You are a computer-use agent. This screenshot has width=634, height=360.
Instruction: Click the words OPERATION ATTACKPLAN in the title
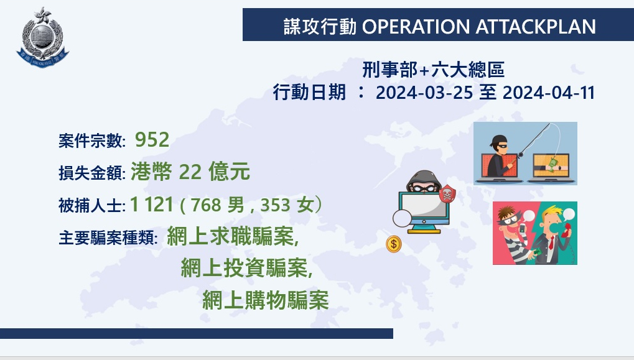(x=478, y=27)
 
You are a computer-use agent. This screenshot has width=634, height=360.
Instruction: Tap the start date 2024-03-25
(x=424, y=93)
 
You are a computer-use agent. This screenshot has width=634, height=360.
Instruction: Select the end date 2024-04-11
(x=548, y=93)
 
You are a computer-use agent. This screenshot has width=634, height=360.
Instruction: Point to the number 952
(x=152, y=140)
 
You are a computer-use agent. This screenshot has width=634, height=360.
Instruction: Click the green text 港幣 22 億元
(x=190, y=172)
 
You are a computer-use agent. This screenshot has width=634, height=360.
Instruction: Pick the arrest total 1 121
(x=152, y=204)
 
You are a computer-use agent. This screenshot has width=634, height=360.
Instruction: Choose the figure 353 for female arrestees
(x=276, y=205)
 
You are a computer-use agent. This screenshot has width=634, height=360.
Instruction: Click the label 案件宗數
(x=91, y=141)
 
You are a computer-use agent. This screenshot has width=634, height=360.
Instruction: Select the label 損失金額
(x=91, y=173)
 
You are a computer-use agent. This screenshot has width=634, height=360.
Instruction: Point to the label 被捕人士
(x=91, y=205)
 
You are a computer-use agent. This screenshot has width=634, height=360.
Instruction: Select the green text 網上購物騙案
(x=266, y=300)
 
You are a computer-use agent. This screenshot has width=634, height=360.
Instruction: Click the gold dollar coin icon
(x=394, y=244)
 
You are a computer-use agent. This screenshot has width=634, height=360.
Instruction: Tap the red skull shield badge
(x=447, y=194)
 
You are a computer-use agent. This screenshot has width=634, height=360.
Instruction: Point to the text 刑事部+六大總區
(x=433, y=70)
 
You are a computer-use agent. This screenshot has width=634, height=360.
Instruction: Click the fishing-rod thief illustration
(x=525, y=154)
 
